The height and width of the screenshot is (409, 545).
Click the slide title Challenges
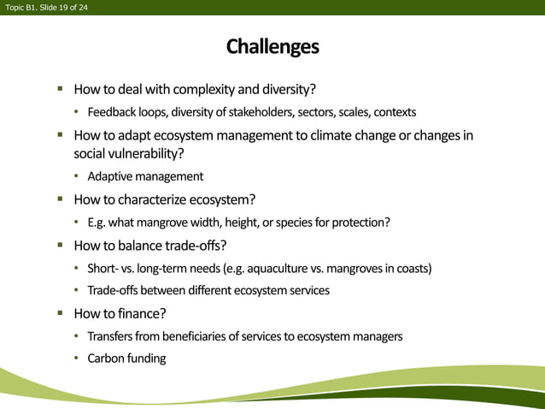272,46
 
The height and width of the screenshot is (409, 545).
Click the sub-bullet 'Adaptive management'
145,177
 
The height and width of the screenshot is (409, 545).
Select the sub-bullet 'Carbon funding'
126,358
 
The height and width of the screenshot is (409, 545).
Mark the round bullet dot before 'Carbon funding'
76,359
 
